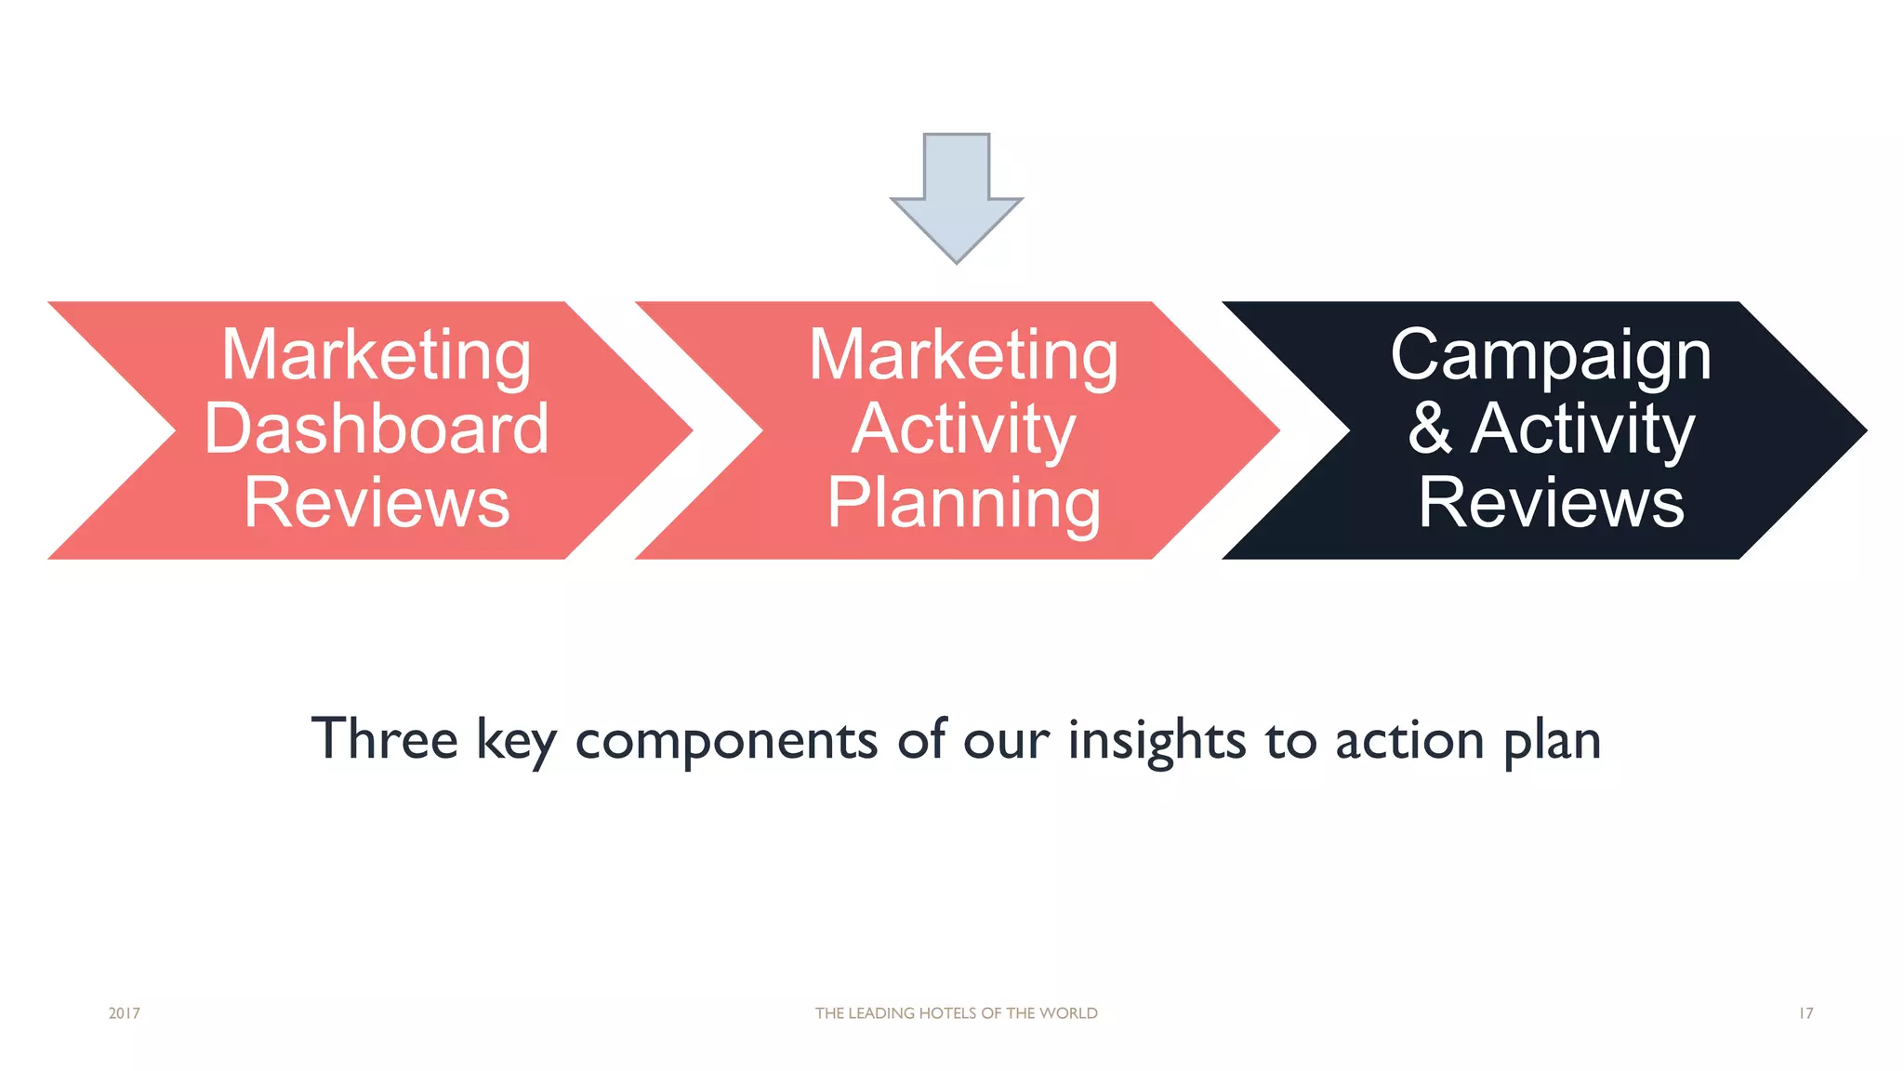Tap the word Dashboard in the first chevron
[377, 429]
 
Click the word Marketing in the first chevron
[377, 355]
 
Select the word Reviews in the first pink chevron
[377, 503]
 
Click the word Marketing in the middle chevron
[963, 355]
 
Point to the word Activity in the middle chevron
[963, 429]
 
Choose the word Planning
[963, 503]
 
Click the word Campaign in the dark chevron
[1551, 355]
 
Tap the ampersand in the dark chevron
[1429, 429]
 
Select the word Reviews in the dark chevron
[1551, 503]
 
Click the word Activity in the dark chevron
[1582, 429]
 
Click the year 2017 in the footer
[124, 1013]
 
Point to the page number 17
[1805, 1013]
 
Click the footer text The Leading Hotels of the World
[956, 1013]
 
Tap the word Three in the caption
[384, 739]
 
